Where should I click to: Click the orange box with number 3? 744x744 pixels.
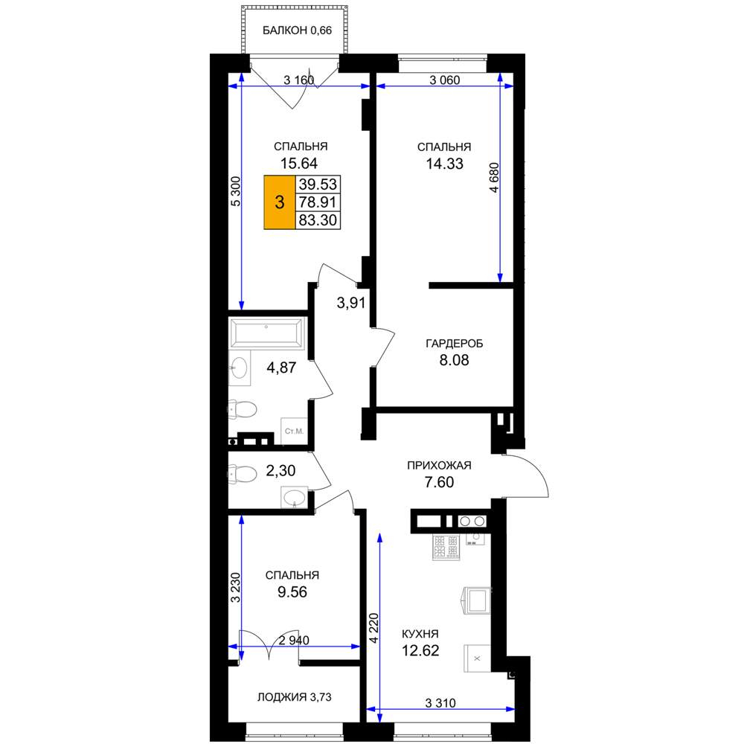280,202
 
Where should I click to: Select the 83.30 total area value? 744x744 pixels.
318,220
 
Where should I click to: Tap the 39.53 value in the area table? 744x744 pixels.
318,184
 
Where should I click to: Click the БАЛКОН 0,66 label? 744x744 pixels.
297,31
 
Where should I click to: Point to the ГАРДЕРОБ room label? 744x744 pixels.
454,344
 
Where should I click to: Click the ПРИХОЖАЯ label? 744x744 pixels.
440,466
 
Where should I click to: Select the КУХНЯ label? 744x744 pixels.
420,634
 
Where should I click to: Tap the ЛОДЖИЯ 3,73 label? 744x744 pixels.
294,697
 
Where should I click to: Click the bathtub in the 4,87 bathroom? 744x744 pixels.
266,333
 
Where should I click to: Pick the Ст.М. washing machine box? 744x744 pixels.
294,432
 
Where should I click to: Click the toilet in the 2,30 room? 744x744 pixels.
243,474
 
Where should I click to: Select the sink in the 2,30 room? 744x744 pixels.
294,498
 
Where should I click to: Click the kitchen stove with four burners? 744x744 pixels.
446,547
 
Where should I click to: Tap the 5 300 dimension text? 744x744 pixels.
236,191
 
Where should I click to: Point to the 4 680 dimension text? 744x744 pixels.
494,178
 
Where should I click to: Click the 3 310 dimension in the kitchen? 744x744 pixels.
440,703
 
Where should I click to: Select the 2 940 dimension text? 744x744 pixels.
294,641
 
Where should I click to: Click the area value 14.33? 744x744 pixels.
445,164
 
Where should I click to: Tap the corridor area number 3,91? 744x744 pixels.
351,303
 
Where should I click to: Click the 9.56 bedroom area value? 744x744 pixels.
292,592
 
